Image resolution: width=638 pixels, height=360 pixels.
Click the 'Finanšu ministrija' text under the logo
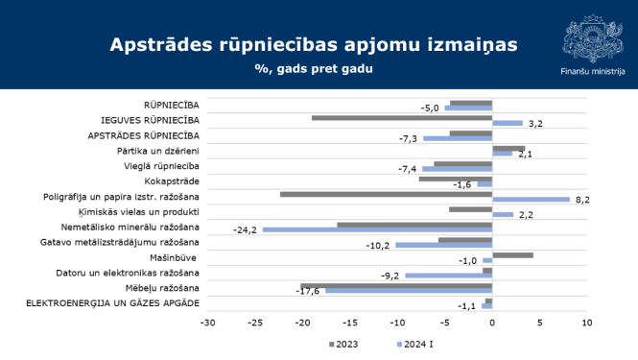(592, 71)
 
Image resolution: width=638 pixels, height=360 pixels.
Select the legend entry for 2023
(343, 344)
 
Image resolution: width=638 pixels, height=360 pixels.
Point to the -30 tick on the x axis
(207, 323)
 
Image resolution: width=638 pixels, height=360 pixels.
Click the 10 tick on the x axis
(586, 323)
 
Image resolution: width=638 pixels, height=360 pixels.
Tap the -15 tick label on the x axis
(349, 323)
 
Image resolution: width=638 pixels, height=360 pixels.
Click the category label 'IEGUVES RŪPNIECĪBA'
(150, 120)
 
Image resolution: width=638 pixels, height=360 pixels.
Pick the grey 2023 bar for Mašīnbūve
(512, 255)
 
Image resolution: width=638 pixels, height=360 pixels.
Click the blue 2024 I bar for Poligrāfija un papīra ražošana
(531, 200)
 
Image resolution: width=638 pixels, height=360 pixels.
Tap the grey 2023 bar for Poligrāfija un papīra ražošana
(386, 194)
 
